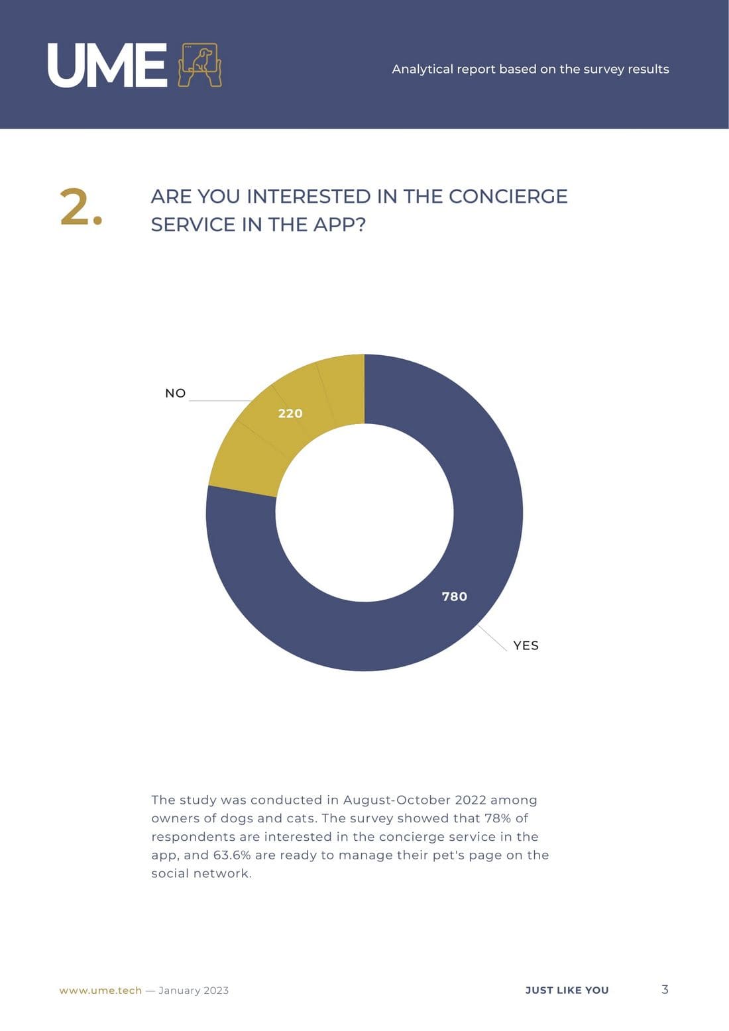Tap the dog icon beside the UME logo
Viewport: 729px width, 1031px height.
[x=199, y=65]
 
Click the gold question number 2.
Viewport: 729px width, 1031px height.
[x=81, y=207]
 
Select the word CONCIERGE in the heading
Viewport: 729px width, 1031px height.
[x=508, y=196]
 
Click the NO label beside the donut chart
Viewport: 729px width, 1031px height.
[x=176, y=393]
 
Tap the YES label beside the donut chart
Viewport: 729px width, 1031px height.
[x=526, y=645]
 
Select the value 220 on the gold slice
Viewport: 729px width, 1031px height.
[x=290, y=413]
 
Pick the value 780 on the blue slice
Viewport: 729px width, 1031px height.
[x=455, y=596]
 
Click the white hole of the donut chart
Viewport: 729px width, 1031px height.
[x=364, y=512]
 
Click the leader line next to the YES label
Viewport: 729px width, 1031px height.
[x=493, y=637]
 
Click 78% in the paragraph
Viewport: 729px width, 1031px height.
[x=498, y=818]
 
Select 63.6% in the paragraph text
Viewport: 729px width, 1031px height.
[x=232, y=855]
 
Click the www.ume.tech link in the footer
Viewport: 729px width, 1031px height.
[x=101, y=990]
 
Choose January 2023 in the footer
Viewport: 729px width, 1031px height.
[x=194, y=990]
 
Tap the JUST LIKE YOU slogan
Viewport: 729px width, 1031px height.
[x=567, y=990]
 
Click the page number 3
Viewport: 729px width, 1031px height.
[x=665, y=989]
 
